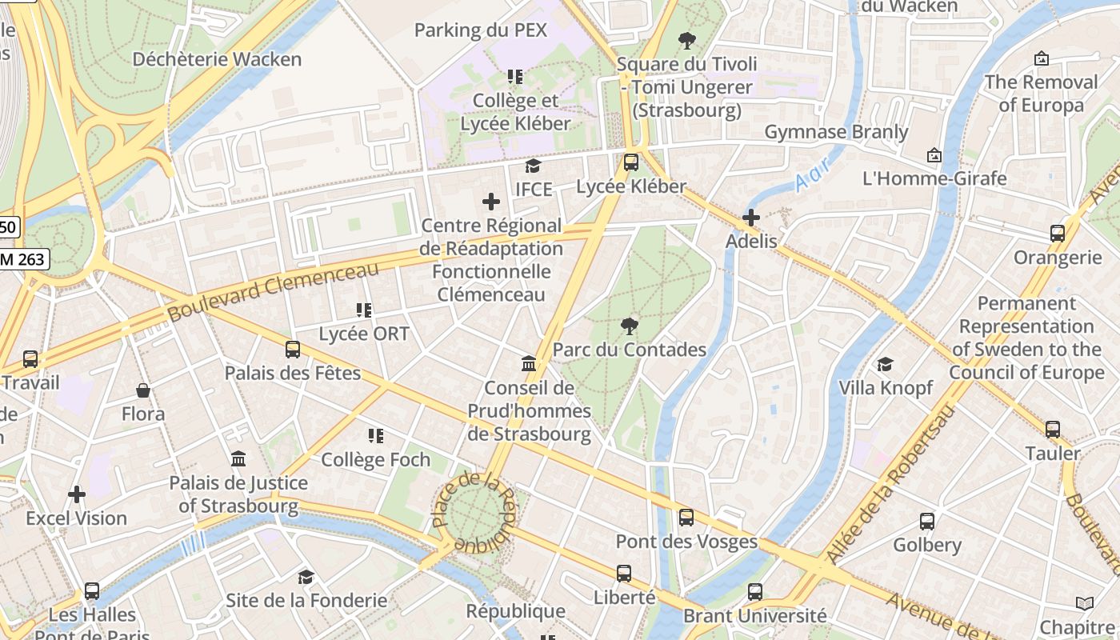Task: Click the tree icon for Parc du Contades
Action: click(x=630, y=326)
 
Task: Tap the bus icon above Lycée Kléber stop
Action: click(x=631, y=162)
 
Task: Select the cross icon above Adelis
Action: click(x=750, y=217)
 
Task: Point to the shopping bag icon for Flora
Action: click(x=143, y=390)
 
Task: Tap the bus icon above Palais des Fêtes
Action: click(x=293, y=350)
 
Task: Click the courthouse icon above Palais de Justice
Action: click(x=238, y=459)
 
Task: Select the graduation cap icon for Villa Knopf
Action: click(x=885, y=365)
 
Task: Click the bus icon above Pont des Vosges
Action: click(x=686, y=518)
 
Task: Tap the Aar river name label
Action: click(x=813, y=173)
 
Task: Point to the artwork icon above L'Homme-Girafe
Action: click(x=934, y=155)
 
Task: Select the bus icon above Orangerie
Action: click(x=1058, y=234)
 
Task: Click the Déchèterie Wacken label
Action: click(x=217, y=59)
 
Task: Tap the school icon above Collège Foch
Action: click(x=375, y=436)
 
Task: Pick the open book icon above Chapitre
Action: click(x=1084, y=604)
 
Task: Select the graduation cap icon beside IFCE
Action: click(x=533, y=166)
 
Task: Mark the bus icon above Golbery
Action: click(x=926, y=522)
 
